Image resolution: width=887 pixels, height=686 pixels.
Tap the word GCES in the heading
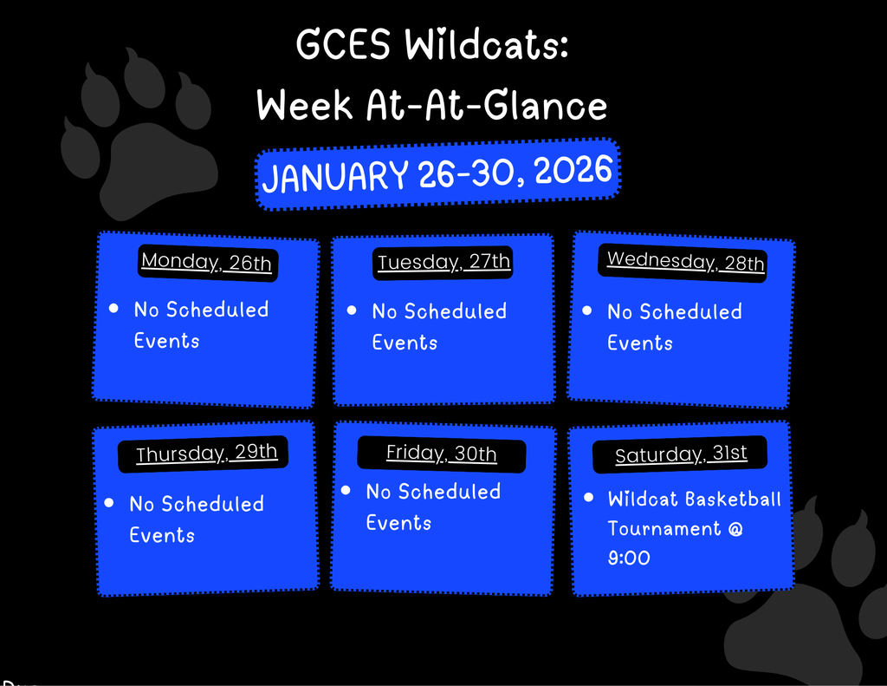tap(345, 45)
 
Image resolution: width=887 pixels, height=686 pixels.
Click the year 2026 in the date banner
tap(573, 171)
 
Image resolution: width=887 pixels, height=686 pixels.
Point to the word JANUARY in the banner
tap(334, 177)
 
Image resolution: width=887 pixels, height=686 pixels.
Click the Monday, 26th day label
tap(207, 262)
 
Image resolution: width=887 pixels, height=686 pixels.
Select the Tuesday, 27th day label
tap(443, 262)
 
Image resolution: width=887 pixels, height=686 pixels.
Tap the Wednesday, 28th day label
tap(685, 261)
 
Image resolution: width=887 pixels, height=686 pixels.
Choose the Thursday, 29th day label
tap(206, 454)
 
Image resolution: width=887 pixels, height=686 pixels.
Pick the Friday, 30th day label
tap(441, 454)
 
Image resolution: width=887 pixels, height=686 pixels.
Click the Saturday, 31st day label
tap(681, 454)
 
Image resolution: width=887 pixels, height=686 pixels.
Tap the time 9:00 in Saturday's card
tap(629, 558)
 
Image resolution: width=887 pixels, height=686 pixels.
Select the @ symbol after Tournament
tap(735, 528)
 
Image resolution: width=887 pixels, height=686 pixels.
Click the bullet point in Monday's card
tap(113, 309)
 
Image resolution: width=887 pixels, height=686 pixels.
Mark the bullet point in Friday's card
tap(346, 490)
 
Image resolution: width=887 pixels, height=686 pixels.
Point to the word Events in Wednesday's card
tap(639, 343)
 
